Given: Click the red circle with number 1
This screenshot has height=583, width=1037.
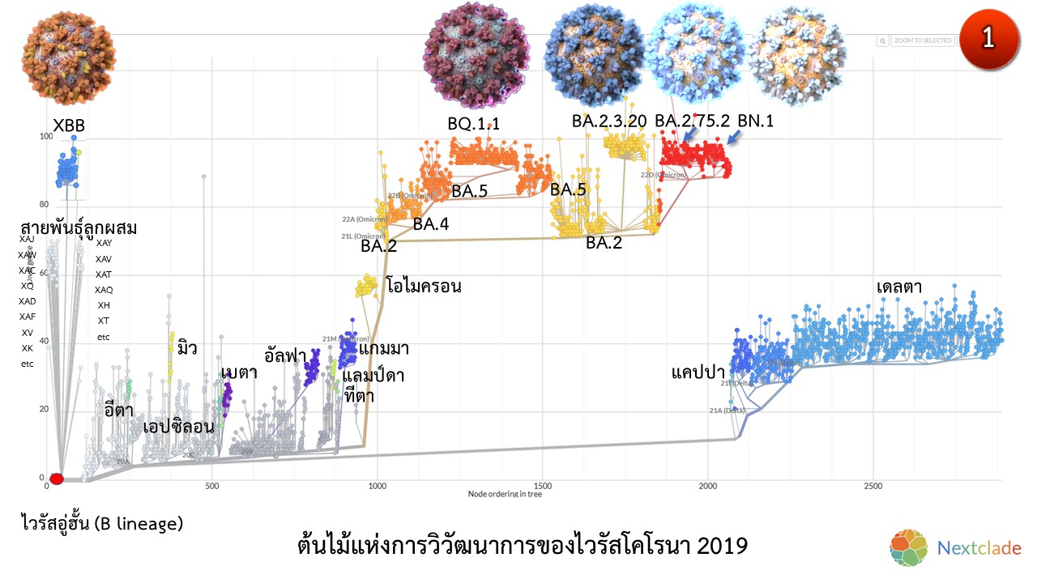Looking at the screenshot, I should tap(988, 40).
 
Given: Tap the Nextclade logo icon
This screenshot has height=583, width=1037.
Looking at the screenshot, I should tap(908, 548).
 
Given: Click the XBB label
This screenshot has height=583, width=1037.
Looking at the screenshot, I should tap(69, 126).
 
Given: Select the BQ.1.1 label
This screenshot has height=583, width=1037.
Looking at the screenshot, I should tap(474, 123).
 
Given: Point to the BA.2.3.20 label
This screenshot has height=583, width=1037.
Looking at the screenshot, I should tap(609, 121).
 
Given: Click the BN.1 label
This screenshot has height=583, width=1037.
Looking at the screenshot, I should tap(756, 121).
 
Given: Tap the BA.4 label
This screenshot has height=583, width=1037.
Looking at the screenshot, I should tap(430, 224).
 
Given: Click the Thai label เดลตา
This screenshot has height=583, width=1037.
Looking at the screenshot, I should tap(899, 287).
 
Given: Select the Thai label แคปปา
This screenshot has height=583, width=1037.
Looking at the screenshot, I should tap(698, 372).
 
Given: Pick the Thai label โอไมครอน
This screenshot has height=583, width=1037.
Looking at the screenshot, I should tap(424, 286).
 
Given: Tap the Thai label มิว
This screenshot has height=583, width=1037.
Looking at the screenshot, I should tap(187, 348).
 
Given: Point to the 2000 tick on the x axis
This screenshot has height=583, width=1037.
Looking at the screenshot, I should tap(708, 486).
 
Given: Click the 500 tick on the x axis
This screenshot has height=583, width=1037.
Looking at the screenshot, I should tap(211, 486).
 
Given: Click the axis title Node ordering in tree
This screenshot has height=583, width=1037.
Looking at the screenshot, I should tap(505, 493).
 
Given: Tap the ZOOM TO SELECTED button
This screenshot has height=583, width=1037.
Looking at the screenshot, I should tap(923, 40).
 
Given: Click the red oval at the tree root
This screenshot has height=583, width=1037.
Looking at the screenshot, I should tap(57, 478).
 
